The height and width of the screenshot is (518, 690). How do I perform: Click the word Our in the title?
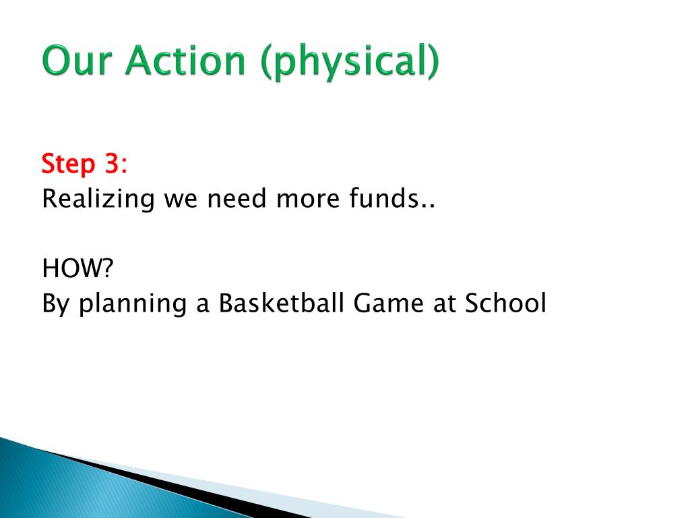(x=76, y=60)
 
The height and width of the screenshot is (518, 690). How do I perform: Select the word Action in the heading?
(x=185, y=60)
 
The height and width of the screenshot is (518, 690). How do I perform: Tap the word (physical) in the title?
(x=350, y=61)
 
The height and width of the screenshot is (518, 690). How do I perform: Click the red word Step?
(x=68, y=165)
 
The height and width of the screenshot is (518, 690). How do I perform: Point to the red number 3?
(x=112, y=163)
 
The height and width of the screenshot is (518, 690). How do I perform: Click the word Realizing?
(x=98, y=200)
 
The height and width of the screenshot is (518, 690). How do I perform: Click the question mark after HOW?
(x=107, y=268)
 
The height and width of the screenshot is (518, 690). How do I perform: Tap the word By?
(x=55, y=305)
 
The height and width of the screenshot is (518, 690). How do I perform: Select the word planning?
(x=132, y=305)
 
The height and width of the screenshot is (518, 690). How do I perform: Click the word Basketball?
(x=281, y=303)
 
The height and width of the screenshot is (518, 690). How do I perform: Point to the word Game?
(x=389, y=303)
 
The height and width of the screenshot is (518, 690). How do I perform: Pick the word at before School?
(x=444, y=304)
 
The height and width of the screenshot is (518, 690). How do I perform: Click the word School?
(x=505, y=303)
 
